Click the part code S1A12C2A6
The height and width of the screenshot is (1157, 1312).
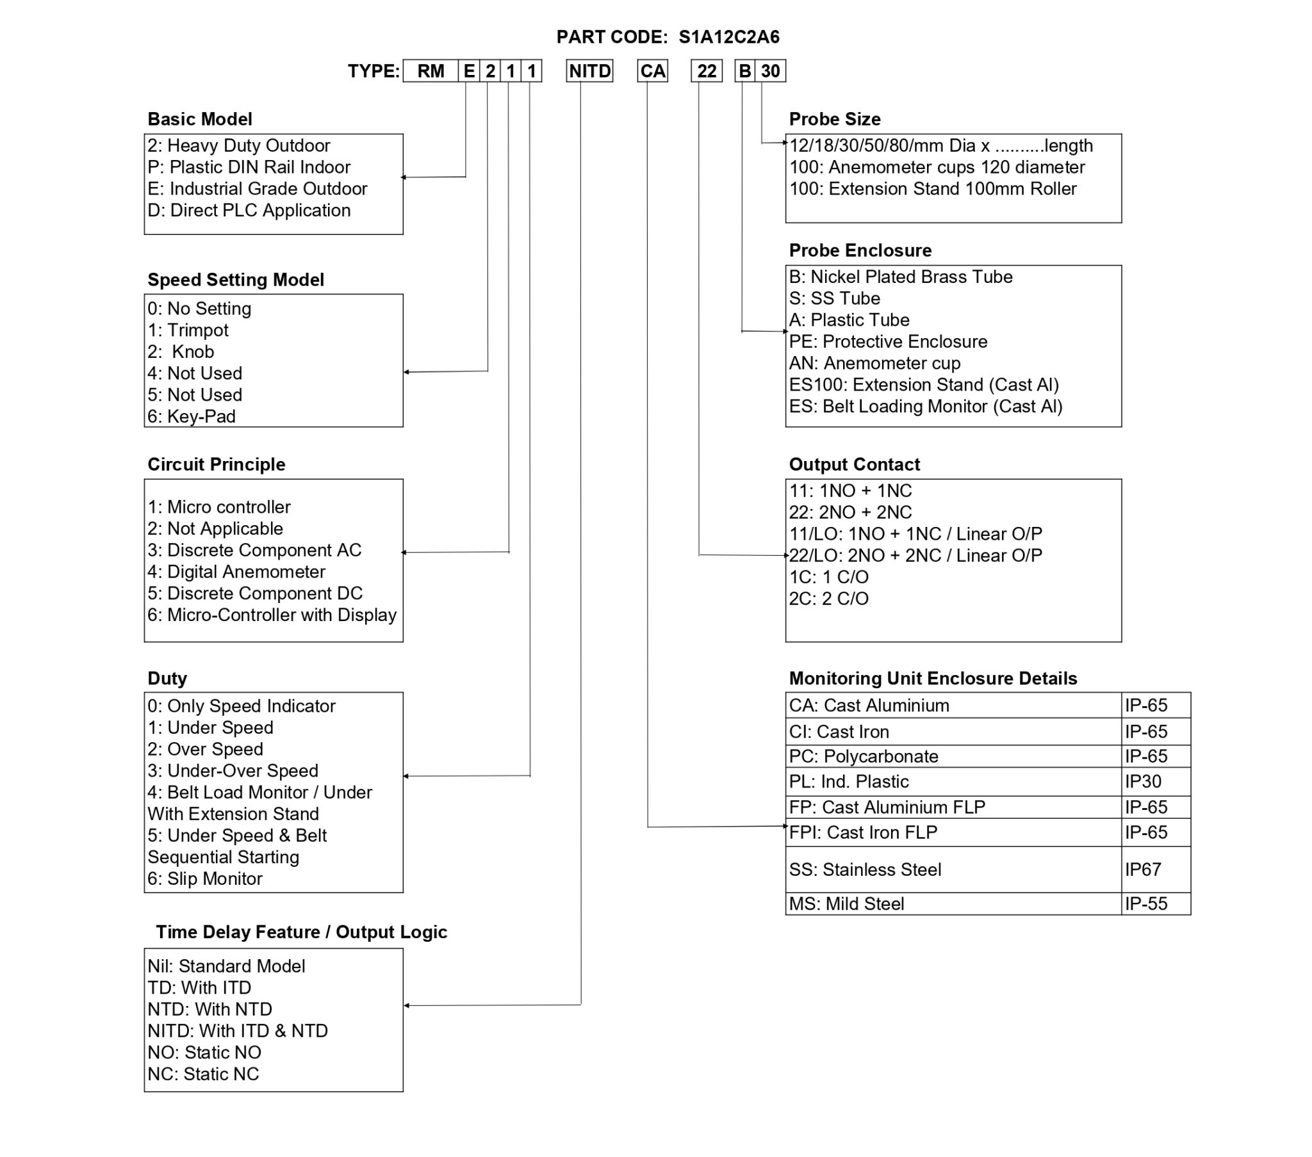point(728,37)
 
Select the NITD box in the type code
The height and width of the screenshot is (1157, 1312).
point(589,71)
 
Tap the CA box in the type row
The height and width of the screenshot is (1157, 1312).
point(652,71)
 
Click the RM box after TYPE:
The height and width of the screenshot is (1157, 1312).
point(430,71)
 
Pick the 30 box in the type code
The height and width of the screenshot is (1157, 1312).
point(769,71)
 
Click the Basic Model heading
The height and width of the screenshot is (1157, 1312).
point(200,119)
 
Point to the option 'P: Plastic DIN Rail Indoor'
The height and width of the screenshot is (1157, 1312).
point(249,168)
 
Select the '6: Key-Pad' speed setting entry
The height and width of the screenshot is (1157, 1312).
point(192,416)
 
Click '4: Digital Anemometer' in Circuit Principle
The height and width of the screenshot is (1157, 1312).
point(236,572)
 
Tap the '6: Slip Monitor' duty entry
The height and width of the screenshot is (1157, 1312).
point(205,878)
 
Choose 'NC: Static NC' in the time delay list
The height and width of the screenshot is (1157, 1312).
point(203,1074)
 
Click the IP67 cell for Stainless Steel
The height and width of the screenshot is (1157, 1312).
point(1142,870)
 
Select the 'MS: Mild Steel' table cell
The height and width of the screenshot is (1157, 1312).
point(846,903)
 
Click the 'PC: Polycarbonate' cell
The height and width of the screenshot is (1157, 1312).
point(864,757)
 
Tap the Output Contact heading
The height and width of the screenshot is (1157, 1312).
point(854,465)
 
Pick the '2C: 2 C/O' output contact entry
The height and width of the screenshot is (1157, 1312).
point(828,599)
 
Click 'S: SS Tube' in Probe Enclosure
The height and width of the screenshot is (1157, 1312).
point(834,298)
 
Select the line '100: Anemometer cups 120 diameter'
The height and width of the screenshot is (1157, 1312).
point(937,168)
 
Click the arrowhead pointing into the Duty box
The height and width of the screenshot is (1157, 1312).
point(406,777)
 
